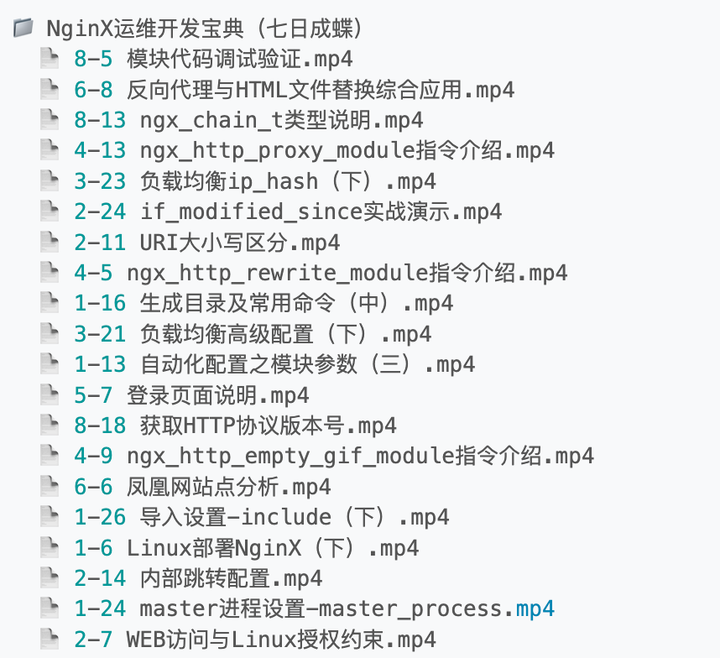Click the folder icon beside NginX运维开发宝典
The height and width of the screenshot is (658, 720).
pos(23,27)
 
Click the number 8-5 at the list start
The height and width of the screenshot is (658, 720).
pos(93,60)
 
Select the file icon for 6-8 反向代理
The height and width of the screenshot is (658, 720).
pos(50,89)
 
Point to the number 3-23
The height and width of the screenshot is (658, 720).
pos(100,181)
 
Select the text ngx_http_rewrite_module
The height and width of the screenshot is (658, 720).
pos(278,274)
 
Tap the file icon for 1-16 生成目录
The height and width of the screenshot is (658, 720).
pos(50,303)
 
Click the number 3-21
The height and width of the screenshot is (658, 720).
pos(100,334)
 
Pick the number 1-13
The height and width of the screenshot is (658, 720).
pos(100,364)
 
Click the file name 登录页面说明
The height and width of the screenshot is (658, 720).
pos(192,395)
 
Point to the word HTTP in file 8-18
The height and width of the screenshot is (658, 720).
pos(210,426)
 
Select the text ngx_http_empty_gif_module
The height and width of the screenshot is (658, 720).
pos(290,457)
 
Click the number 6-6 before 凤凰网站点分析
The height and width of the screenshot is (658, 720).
pos(93,487)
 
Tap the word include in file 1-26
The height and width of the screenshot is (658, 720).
pos(286,517)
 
